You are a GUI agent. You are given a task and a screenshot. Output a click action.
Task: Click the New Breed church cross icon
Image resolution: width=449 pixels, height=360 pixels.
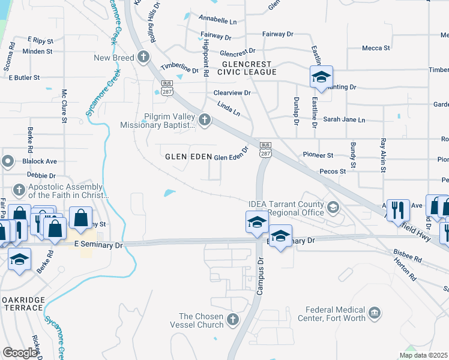click(x=143, y=58)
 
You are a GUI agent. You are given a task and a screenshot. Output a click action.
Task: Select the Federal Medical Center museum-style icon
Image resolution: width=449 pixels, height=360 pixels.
click(x=375, y=313)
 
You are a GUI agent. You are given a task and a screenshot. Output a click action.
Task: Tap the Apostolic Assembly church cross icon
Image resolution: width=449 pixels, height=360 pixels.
click(x=19, y=190)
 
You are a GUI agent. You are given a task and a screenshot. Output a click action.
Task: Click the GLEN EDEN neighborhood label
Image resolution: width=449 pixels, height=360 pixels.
click(x=188, y=157)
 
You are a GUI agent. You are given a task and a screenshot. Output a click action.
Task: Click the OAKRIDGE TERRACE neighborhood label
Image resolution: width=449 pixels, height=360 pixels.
click(x=22, y=308)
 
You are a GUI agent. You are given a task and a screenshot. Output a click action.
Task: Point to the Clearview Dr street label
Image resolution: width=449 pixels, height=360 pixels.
click(x=232, y=94)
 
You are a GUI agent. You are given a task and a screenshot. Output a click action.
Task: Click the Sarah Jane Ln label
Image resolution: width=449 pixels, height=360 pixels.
click(x=344, y=120)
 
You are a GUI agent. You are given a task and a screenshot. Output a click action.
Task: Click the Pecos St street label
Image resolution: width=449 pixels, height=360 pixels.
click(x=333, y=171)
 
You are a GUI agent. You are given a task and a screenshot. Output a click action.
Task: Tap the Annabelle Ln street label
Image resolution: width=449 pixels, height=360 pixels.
click(x=217, y=22)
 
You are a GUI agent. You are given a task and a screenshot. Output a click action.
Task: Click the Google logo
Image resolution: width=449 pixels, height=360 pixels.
click(x=20, y=353)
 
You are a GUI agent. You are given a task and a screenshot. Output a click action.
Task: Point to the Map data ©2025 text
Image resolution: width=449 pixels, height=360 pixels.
click(x=423, y=355)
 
